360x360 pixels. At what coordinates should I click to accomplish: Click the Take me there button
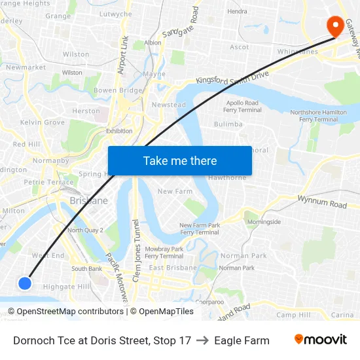tap(179, 160)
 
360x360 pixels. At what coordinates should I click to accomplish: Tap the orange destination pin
tap(335, 26)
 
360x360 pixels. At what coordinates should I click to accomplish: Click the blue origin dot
tap(25, 283)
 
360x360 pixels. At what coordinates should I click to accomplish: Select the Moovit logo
tap(320, 340)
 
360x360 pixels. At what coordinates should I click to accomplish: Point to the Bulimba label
tap(228, 124)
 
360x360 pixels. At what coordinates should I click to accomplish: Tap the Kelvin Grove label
tap(43, 122)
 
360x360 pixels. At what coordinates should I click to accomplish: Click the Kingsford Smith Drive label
tap(232, 79)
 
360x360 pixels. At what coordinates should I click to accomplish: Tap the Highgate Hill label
tap(67, 287)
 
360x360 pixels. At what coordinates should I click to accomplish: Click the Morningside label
tap(264, 222)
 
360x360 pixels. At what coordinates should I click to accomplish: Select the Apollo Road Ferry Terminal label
tap(243, 106)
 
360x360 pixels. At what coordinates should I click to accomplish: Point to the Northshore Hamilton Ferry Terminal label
tap(318, 116)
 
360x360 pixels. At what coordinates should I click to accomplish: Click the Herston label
tap(86, 111)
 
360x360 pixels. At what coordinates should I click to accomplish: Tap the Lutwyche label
tap(115, 14)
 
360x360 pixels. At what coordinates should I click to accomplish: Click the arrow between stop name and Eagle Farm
tap(202, 340)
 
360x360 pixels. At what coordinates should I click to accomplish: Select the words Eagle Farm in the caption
tap(242, 340)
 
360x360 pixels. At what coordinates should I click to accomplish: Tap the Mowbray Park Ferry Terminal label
tap(164, 252)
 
